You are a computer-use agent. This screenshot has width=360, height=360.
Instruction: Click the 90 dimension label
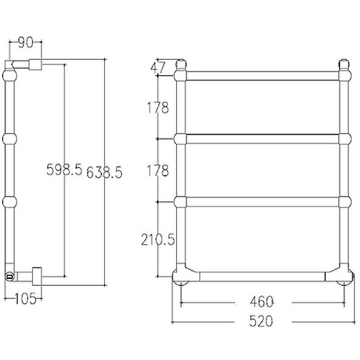point(26,42)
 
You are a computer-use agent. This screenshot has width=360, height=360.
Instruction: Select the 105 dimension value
point(26,299)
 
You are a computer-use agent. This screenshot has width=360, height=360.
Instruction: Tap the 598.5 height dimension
point(64,170)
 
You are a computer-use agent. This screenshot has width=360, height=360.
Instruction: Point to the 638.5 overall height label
point(104,172)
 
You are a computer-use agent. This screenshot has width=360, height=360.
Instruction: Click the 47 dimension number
point(158,67)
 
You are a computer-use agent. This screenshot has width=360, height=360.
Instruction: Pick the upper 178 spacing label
point(158,108)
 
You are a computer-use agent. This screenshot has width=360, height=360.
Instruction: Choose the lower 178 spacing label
point(158,171)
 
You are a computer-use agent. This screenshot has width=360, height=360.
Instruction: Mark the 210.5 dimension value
point(158,240)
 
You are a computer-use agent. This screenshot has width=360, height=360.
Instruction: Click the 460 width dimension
point(262,301)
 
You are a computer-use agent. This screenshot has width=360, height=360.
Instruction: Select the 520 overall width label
point(261,321)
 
